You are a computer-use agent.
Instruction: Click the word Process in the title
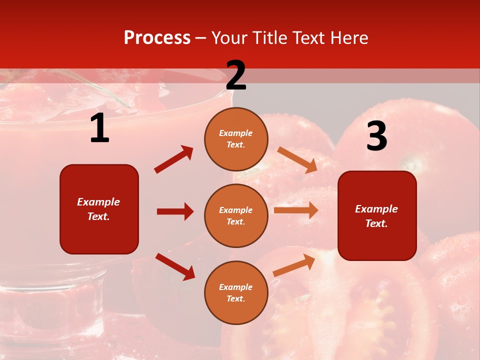pos(157,38)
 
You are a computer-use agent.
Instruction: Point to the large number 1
pos(99,128)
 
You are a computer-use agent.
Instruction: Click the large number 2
pos(236,75)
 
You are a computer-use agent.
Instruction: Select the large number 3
pos(376,136)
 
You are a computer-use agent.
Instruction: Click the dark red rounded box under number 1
pos(99,209)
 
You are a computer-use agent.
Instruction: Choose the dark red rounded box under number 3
pos(377,215)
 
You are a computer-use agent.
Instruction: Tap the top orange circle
pos(236,138)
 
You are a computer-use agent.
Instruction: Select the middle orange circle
pos(236,215)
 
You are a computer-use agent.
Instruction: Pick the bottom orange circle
pos(236,292)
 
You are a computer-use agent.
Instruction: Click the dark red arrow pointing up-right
pos(174,159)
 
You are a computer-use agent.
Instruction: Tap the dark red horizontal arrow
pos(175,211)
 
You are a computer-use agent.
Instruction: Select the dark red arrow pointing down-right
pos(175,266)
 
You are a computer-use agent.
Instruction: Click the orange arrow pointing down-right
pos(297,159)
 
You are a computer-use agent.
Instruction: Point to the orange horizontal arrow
pos(296,210)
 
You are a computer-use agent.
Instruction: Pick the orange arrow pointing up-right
pos(294,264)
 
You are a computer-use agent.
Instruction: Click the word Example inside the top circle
pos(236,133)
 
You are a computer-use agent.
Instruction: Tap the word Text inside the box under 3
pos(376,223)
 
